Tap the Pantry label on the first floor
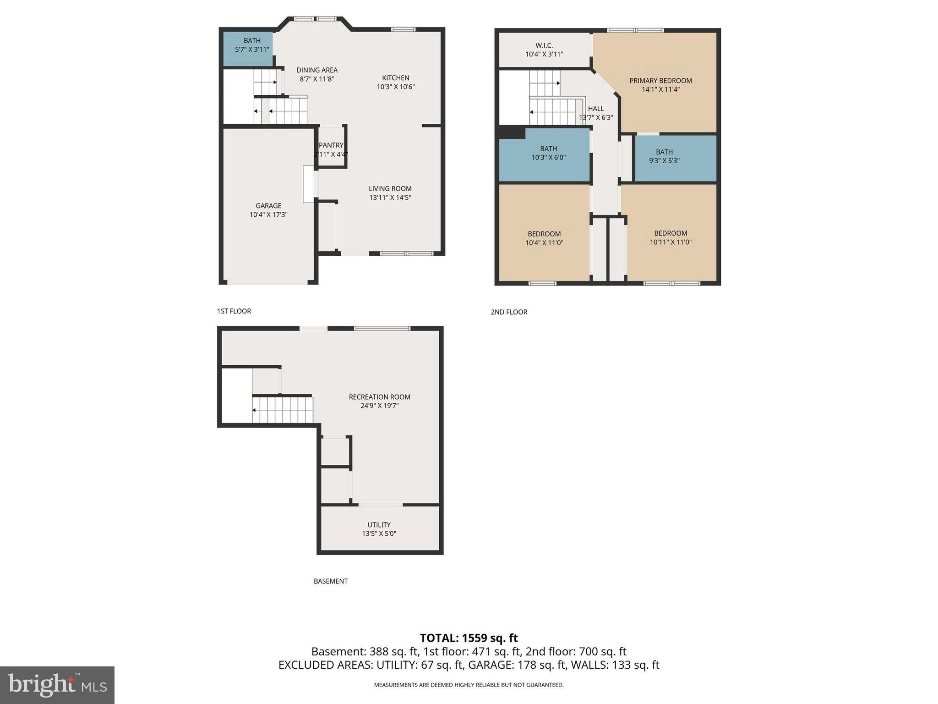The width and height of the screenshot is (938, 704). click(331, 145)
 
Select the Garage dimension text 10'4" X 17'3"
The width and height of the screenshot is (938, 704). click(268, 214)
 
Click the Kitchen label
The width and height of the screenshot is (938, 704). click(396, 78)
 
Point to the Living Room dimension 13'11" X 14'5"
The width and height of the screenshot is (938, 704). click(390, 198)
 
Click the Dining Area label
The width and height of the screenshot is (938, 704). click(317, 70)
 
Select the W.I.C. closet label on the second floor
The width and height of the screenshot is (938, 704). click(544, 45)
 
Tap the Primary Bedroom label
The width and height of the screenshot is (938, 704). click(660, 81)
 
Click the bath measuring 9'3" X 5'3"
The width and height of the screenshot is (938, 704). click(675, 158)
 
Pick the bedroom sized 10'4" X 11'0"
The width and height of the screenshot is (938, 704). click(544, 238)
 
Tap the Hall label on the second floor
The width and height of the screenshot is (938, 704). click(596, 109)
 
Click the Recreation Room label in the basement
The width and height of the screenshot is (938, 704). click(379, 397)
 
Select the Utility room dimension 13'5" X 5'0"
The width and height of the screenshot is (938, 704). click(379, 533)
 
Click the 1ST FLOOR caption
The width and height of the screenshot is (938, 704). click(234, 311)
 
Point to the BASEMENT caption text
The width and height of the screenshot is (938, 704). click(331, 581)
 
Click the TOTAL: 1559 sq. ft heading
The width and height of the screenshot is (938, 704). click(469, 638)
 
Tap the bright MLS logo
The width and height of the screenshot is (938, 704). click(57, 685)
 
